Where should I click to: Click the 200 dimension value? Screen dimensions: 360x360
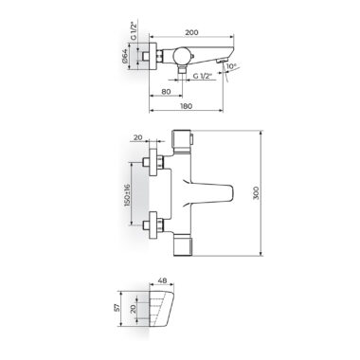(191, 32)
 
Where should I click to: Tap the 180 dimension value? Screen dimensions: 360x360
(186, 106)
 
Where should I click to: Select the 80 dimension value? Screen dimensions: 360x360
(166, 92)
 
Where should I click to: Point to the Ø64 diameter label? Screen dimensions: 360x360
(124, 56)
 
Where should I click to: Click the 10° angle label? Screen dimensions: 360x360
(231, 66)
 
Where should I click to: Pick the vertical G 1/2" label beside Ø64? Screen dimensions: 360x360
(134, 30)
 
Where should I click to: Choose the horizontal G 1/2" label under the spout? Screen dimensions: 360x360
(203, 76)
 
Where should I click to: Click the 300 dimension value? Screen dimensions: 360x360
(256, 192)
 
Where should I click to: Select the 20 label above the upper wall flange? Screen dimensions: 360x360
(138, 137)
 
